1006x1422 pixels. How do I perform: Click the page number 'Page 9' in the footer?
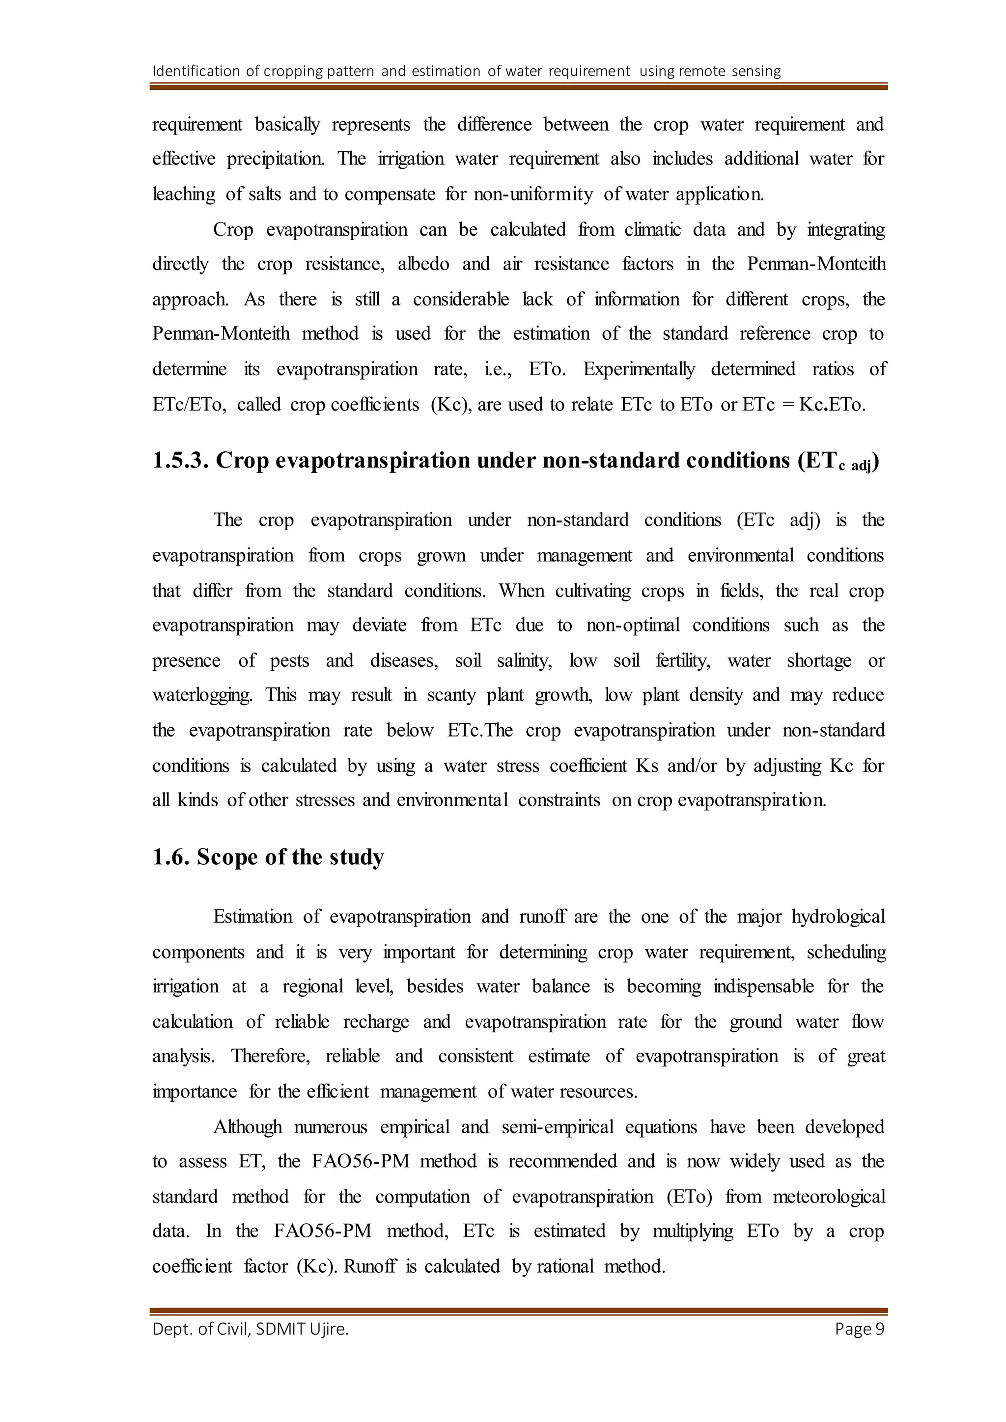coord(859,1329)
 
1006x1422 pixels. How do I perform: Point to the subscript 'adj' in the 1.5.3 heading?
coord(861,466)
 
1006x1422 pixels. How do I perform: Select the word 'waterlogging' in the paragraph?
coord(202,695)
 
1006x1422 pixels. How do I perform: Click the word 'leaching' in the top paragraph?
coord(184,194)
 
